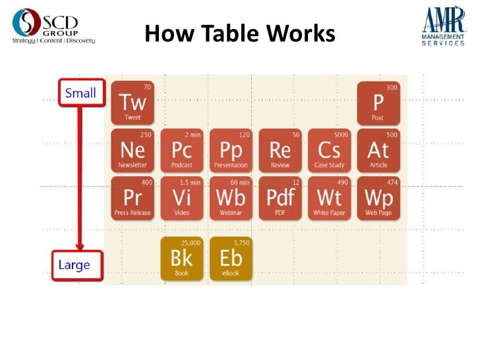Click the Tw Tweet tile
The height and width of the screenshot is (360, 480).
coord(133,103)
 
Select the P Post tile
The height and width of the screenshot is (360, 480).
coord(378,103)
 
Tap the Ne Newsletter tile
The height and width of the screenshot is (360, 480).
coord(133,150)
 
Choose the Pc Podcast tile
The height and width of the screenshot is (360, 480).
coord(182,150)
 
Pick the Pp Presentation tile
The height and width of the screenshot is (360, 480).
coord(231,150)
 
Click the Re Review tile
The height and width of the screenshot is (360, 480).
coord(280,150)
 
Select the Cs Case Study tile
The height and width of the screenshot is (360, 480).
coord(329,150)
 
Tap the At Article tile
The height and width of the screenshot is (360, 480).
coord(378,150)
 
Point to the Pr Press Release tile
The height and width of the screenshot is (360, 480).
coord(133,198)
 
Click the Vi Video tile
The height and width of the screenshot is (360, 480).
coord(182,198)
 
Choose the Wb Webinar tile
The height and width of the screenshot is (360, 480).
coord(231,198)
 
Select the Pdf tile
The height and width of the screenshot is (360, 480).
coord(280,198)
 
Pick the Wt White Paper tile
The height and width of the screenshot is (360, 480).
coord(329,198)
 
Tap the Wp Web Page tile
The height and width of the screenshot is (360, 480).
coord(378,198)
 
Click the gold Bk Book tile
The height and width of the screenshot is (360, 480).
coord(182,258)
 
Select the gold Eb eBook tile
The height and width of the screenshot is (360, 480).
coord(231,258)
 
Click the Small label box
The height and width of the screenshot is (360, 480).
coord(80,93)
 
